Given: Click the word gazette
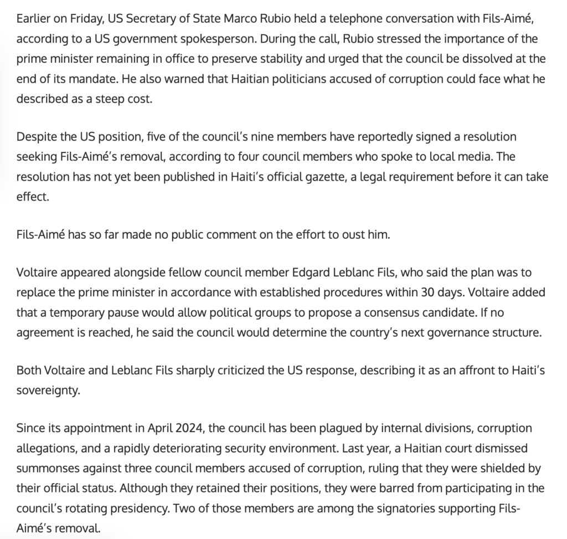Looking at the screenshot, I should click(319, 177).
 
